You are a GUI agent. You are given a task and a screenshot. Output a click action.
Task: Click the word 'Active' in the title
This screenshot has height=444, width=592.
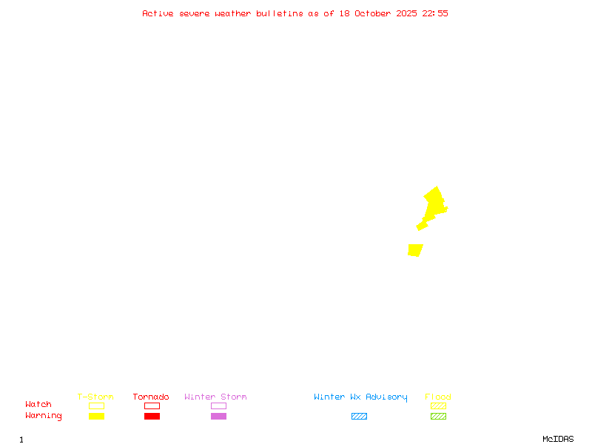[x=158, y=13]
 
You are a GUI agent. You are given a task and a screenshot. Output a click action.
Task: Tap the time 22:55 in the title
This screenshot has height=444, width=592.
[x=435, y=13]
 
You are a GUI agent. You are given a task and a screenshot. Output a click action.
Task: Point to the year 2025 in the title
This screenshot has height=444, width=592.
[x=408, y=13]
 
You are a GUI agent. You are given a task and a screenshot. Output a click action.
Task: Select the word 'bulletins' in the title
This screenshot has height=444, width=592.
[x=279, y=13]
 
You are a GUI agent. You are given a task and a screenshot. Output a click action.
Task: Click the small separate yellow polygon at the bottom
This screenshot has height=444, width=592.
[x=415, y=250]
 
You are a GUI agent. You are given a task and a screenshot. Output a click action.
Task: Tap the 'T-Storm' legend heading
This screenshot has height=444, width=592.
[x=95, y=397]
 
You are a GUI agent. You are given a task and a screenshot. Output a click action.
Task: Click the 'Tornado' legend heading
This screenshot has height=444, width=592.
[x=151, y=397]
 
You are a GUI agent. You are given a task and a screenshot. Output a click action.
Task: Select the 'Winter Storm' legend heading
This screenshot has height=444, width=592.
[x=215, y=397]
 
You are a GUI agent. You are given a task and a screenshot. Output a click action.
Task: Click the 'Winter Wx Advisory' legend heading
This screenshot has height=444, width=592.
[x=360, y=397]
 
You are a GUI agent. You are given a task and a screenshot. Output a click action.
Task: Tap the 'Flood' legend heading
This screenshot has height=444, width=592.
[x=438, y=397]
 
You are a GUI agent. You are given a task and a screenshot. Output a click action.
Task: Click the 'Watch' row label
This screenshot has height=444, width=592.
[x=38, y=405]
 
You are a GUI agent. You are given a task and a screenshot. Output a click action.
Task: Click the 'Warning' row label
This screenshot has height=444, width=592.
[x=44, y=416]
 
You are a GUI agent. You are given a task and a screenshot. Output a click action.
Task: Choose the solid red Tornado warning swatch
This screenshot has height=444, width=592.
[x=152, y=416]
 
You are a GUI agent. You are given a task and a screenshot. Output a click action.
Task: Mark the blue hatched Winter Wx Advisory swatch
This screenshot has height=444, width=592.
[x=359, y=416]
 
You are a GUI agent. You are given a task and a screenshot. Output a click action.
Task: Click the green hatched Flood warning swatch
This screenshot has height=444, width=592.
[x=438, y=416]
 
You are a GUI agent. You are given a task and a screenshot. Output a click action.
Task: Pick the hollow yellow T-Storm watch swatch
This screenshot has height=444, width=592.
[x=96, y=406]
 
